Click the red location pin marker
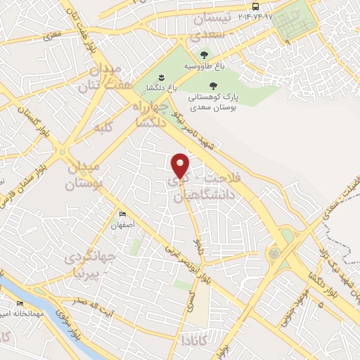click(x=181, y=165)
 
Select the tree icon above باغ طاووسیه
click(x=204, y=54)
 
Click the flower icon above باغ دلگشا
click(x=160, y=76)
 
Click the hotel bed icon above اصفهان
click(x=123, y=214)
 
